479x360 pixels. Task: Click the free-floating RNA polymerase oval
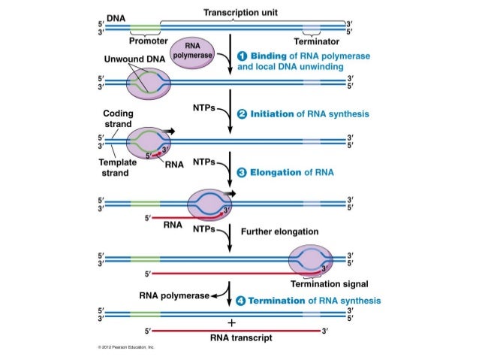194,56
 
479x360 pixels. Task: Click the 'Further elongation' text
279,231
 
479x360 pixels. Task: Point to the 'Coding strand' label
118,119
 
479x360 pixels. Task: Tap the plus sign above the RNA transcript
231,322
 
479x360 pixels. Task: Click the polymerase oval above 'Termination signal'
309,260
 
